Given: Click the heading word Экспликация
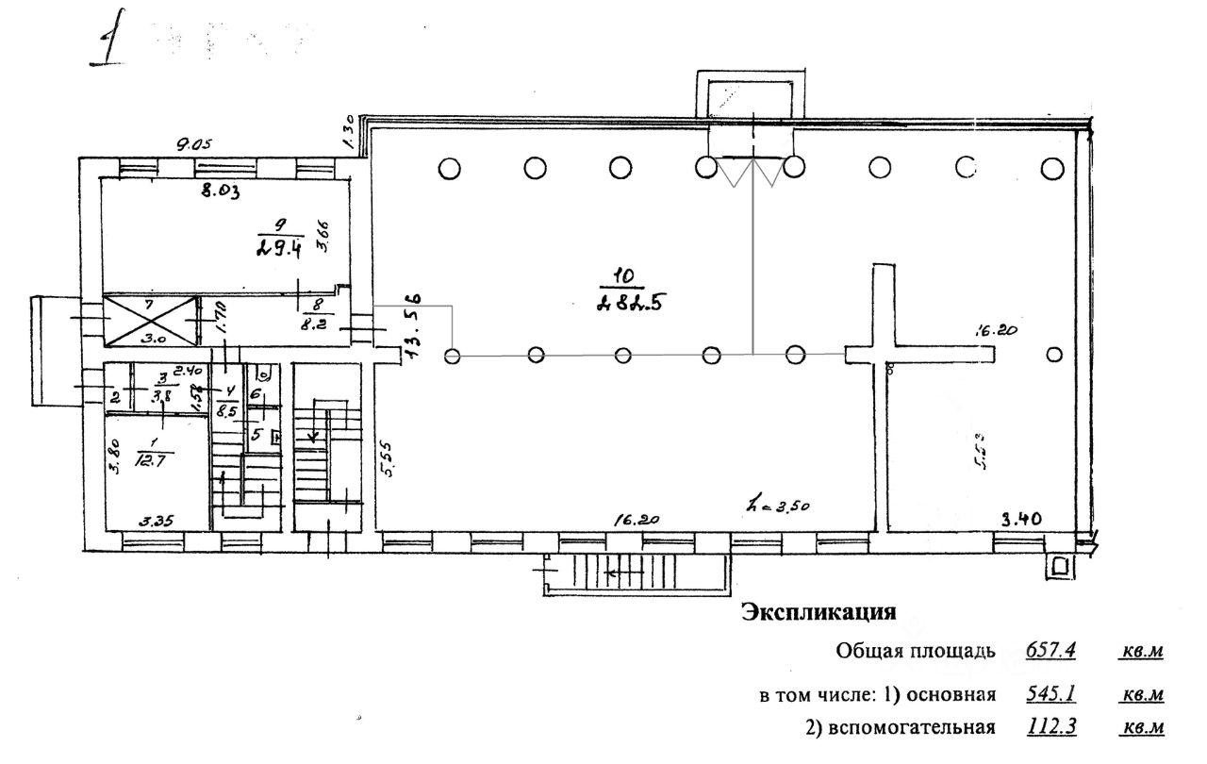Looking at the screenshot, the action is coord(818,613).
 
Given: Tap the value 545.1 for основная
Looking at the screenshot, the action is coord(1050,695).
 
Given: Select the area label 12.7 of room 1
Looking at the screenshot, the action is coord(150,460).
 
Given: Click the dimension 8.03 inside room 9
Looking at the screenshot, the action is coord(223,191).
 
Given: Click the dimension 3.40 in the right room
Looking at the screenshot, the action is coord(1021,517).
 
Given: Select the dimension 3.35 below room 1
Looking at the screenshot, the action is coord(160,520).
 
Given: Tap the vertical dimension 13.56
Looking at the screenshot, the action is coord(413,325).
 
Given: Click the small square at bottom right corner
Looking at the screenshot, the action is coord(1060,566).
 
